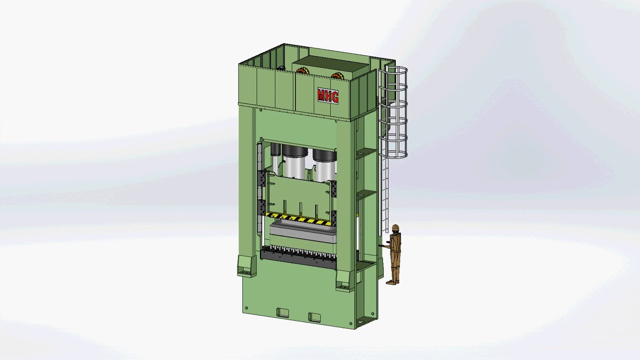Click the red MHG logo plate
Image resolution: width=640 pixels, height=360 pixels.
coord(328,95)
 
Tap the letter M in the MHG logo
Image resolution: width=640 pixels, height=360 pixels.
coord(321,94)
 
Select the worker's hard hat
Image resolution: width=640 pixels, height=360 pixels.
coord(395,228)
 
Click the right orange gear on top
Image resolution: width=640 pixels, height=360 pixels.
coord(337,76)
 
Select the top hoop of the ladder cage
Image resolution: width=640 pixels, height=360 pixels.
coord(393,70)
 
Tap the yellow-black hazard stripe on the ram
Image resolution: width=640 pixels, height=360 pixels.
coord(298,218)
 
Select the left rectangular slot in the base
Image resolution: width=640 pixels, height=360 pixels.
coord(282,313)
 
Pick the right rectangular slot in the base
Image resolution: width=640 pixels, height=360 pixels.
coord(314,316)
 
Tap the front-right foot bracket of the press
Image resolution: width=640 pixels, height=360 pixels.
coord(345,280)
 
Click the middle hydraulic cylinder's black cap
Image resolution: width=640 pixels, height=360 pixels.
coord(295,150)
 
